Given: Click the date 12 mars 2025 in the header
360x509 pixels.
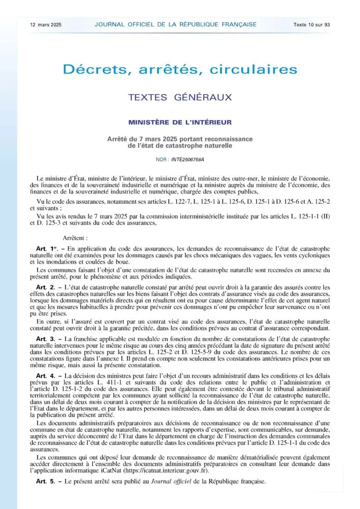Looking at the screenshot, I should (x=45, y=24).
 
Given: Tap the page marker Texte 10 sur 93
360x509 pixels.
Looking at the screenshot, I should (x=312, y=24).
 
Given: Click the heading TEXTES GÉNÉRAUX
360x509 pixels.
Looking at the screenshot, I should (x=180, y=97).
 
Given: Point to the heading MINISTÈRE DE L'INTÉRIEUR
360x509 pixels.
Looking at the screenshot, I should (x=180, y=122).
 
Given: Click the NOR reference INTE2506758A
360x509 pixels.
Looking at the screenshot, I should (x=187, y=160).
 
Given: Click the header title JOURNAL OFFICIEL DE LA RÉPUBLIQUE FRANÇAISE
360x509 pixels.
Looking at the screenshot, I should (x=175, y=24).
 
